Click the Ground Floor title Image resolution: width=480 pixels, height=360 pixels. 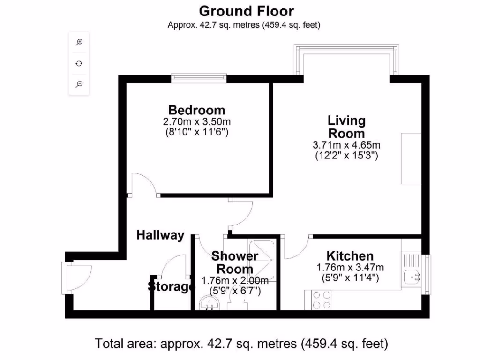pyautogui.click(x=247, y=11)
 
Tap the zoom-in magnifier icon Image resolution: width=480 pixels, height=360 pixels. pyautogui.click(x=79, y=42)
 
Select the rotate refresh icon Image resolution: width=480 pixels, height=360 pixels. pyautogui.click(x=79, y=63)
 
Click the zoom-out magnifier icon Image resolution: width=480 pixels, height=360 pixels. pyautogui.click(x=79, y=84)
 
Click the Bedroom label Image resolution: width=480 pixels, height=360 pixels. pyautogui.click(x=196, y=110)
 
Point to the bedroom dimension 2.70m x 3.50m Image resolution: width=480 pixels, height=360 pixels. pyautogui.click(x=196, y=121)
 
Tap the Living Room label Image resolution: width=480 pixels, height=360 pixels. pyautogui.click(x=346, y=127)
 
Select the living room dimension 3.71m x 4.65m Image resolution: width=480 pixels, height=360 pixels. pyautogui.click(x=346, y=145)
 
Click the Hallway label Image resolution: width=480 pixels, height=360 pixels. pyautogui.click(x=160, y=235)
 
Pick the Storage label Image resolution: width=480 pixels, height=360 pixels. pyautogui.click(x=171, y=287)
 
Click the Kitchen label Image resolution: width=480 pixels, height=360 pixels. pyautogui.click(x=350, y=256)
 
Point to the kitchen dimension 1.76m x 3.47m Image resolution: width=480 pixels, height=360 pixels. pyautogui.click(x=350, y=267)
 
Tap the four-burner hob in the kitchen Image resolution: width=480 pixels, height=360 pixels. pyautogui.click(x=322, y=300)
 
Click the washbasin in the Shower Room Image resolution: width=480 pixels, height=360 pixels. pyautogui.click(x=210, y=303)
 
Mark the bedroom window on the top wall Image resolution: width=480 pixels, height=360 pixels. pyautogui.click(x=199, y=78)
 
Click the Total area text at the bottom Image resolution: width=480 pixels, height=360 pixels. pyautogui.click(x=241, y=344)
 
